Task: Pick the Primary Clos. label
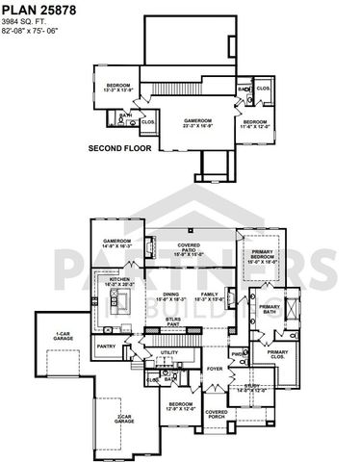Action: [x=277, y=354]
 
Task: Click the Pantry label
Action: [x=106, y=346]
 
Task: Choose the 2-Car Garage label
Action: [x=123, y=418]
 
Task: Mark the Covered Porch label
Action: [x=216, y=414]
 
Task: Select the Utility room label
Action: [x=169, y=354]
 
